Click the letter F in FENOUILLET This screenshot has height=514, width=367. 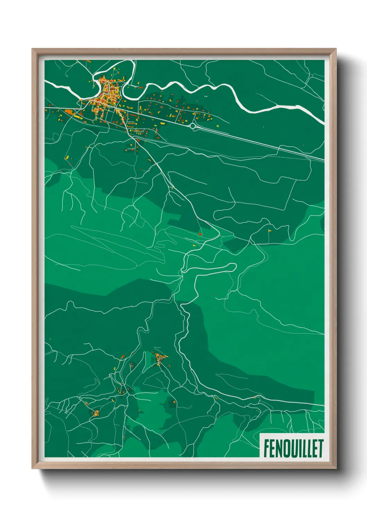(266, 449)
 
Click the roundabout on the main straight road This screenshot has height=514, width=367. (193, 126)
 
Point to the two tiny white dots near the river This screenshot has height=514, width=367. (206, 96)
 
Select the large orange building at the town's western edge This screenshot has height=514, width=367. (69, 112)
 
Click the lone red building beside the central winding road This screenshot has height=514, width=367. (200, 234)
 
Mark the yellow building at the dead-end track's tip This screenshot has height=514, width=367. (270, 230)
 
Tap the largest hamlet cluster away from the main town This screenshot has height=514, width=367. (161, 358)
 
